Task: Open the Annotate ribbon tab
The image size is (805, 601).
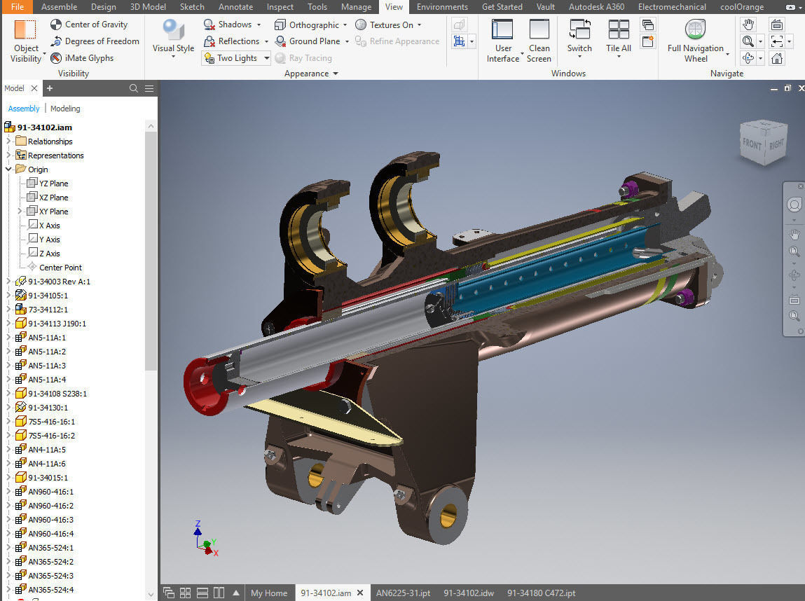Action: point(235,7)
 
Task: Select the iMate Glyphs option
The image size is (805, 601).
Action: point(81,58)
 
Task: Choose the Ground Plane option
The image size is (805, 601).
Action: point(308,41)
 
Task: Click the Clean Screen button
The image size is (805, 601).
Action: point(539,41)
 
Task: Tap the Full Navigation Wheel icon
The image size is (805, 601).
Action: point(695,32)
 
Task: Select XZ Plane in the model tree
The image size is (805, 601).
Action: point(53,198)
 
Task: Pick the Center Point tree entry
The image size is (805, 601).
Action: point(60,268)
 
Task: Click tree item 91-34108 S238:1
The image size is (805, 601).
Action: point(57,394)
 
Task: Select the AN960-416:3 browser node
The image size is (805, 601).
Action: point(50,520)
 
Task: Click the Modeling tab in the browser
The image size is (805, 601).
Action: point(65,109)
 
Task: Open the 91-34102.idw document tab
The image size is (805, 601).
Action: point(468,593)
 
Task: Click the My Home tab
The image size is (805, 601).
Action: point(269,593)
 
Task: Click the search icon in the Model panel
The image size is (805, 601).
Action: point(134,88)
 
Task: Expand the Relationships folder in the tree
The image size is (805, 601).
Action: point(8,141)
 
